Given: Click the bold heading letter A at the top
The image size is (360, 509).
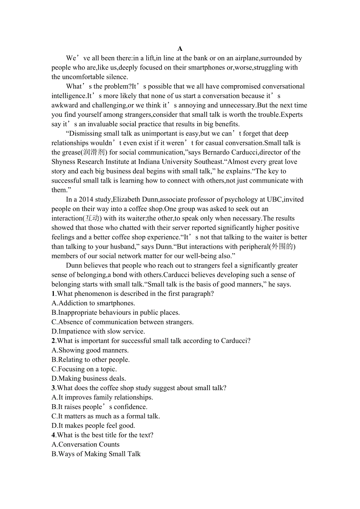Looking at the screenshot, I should click(x=180, y=49).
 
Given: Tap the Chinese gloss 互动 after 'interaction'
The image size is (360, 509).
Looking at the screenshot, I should click(x=90, y=219).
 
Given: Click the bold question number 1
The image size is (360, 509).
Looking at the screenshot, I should click(x=53, y=294).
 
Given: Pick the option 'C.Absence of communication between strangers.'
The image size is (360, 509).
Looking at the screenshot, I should click(x=122, y=322).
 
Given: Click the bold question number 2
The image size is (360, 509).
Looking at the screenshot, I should click(x=53, y=341).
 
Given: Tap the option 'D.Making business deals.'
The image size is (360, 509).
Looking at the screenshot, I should click(x=88, y=378).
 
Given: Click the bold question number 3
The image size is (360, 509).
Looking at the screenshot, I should click(x=53, y=388).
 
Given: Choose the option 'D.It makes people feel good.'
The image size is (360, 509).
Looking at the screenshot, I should click(x=93, y=426).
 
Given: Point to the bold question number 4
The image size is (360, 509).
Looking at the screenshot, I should click(x=53, y=435).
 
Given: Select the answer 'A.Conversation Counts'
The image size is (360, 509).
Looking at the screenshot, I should click(x=85, y=444).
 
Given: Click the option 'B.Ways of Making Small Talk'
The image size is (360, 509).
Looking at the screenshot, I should click(x=96, y=454).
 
